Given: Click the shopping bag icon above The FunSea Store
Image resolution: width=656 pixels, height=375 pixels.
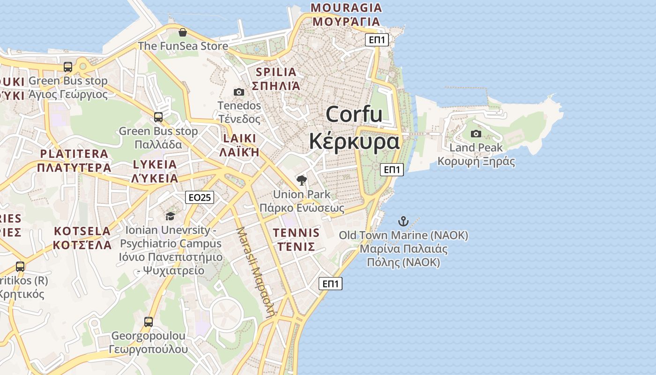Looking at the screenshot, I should coord(183,32).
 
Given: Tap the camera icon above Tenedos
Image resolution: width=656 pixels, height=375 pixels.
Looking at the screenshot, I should coord(239,92).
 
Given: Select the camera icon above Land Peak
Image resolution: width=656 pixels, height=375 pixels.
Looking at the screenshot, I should coord(476,134).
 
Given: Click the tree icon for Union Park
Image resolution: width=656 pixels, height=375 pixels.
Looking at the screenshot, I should coord(302,180).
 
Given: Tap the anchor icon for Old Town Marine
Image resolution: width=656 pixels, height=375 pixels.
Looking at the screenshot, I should coord(403,221).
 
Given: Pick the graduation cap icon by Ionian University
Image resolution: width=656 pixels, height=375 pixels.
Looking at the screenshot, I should coord(170,216).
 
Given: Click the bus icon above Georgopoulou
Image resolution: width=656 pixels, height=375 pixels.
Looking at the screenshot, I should coord(149,322).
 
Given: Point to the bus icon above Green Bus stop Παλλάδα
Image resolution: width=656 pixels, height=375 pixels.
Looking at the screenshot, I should coord(158,117).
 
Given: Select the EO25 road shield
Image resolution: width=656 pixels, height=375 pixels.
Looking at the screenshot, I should coord(200,197).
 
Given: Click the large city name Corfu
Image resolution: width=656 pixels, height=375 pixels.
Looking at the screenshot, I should coord(354,114).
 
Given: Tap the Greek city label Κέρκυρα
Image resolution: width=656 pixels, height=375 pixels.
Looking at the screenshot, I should coord(354,141).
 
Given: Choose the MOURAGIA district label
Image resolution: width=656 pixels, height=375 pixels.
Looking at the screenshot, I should coord(346,8).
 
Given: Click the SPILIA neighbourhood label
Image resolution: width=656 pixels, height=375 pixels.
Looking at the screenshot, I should coord(276,72).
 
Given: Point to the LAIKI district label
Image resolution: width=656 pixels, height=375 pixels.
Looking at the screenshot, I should coord(240,139).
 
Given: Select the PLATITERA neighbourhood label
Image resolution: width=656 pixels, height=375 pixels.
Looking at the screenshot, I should coord(74,154).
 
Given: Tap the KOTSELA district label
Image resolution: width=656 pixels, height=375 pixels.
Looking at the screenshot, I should coord(82,231).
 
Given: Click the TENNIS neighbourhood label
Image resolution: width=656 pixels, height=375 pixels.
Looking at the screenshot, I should coord(296,233).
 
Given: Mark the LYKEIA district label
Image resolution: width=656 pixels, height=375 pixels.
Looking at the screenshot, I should coord(155,165).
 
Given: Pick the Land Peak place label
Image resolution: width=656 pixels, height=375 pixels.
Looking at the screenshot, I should coord(476,148).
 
